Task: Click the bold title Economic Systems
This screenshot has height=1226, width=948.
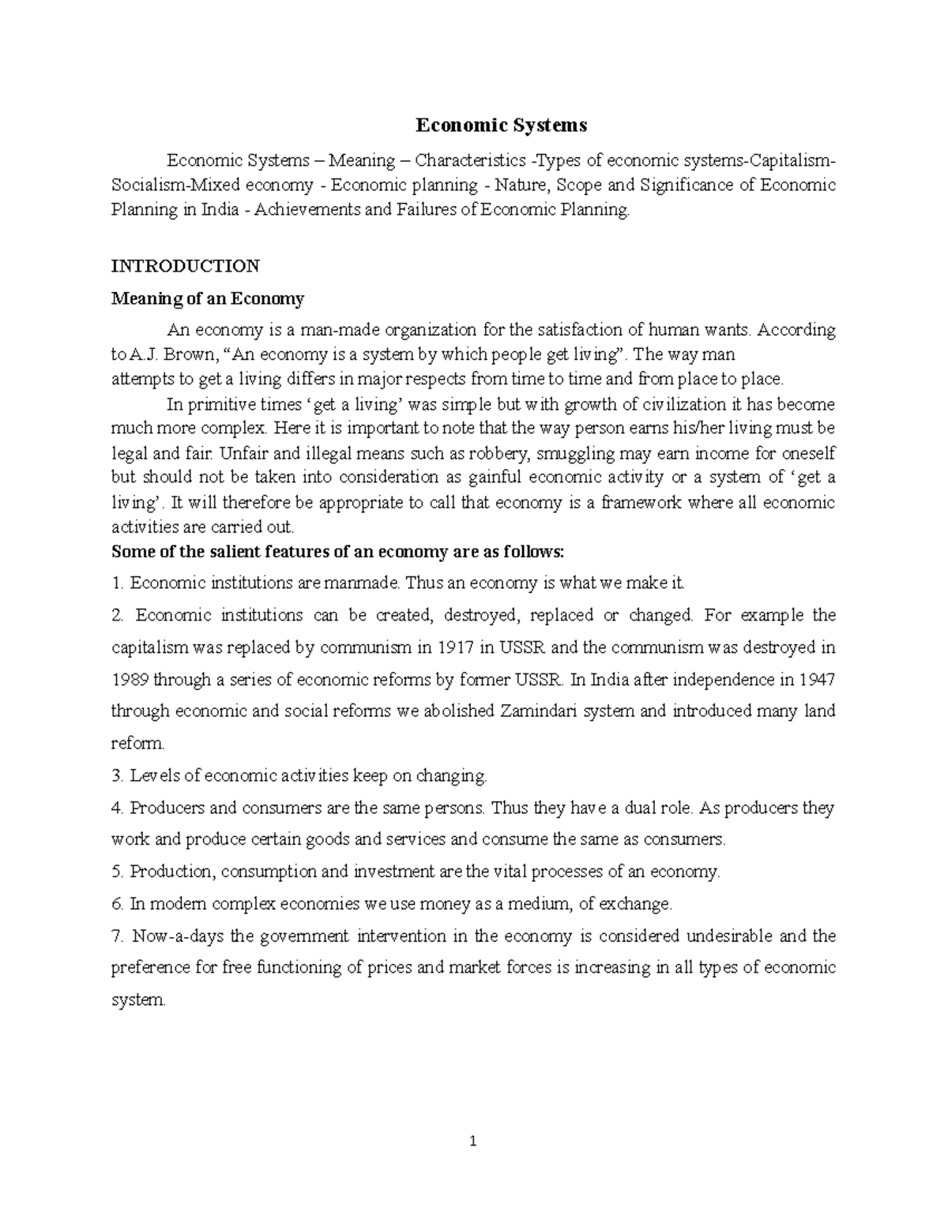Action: point(502,125)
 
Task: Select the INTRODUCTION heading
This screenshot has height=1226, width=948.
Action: point(185,265)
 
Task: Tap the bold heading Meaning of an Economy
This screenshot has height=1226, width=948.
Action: point(208,299)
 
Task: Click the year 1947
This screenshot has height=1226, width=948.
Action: point(817,680)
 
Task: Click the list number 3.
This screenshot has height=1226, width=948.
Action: point(117,776)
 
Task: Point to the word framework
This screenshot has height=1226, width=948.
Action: point(644,503)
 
